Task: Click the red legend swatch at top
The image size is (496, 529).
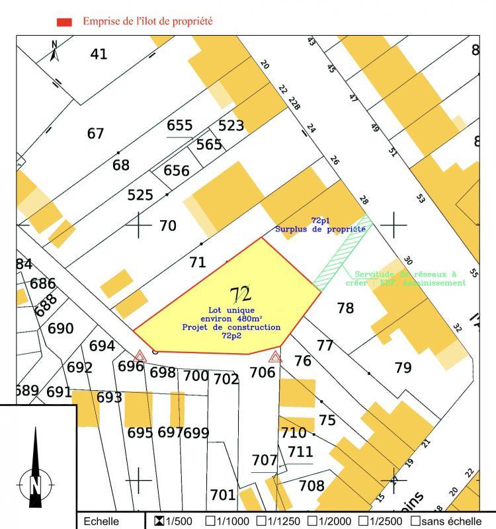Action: pyautogui.click(x=64, y=22)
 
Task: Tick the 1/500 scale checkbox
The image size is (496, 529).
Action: pyautogui.click(x=159, y=521)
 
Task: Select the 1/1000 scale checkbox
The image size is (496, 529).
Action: pyautogui.click(x=210, y=521)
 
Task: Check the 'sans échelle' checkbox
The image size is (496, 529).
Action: pyautogui.click(x=415, y=521)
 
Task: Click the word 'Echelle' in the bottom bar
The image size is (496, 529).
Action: pyautogui.click(x=101, y=522)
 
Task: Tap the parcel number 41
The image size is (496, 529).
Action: pyautogui.click(x=99, y=54)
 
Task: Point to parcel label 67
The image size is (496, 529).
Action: pyautogui.click(x=96, y=134)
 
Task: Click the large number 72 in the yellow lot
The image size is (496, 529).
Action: pyautogui.click(x=240, y=294)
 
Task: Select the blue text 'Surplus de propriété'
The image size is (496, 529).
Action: pyautogui.click(x=321, y=229)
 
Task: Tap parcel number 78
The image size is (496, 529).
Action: pyautogui.click(x=345, y=307)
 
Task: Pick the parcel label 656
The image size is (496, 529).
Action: pyautogui.click(x=177, y=171)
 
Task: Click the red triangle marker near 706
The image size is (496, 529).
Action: pyautogui.click(x=276, y=358)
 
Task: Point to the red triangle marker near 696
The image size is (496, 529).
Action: pyautogui.click(x=140, y=356)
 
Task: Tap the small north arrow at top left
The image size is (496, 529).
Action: pyautogui.click(x=55, y=50)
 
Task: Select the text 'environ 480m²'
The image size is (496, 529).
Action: pyautogui.click(x=231, y=319)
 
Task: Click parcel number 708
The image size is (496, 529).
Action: pyautogui.click(x=311, y=486)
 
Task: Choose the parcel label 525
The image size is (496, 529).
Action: pyautogui.click(x=140, y=195)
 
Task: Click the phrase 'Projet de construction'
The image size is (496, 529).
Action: pyautogui.click(x=231, y=327)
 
